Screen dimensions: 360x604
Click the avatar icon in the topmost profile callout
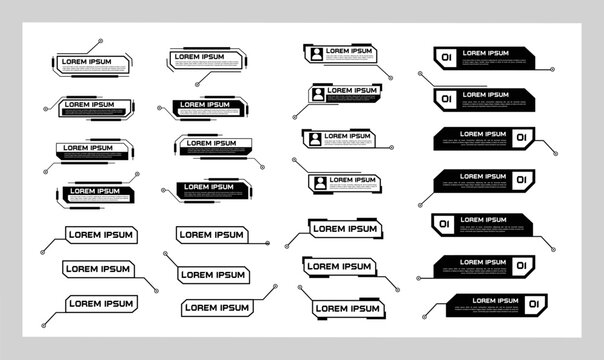pos(316,53)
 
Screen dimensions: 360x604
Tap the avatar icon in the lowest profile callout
pos(319,182)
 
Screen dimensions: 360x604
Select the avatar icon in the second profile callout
pos(319,95)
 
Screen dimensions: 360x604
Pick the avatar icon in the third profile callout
pos(315,138)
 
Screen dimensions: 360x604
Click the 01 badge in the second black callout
pos(446,98)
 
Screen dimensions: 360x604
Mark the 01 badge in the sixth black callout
pos(520,264)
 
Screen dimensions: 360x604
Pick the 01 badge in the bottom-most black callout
pos(534,303)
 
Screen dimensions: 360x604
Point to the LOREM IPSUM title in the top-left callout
pos(88,62)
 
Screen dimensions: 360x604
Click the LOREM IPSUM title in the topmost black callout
pos(486,52)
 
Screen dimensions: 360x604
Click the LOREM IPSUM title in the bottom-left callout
pos(100,303)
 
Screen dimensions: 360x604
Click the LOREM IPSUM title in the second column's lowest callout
pos(216,306)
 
